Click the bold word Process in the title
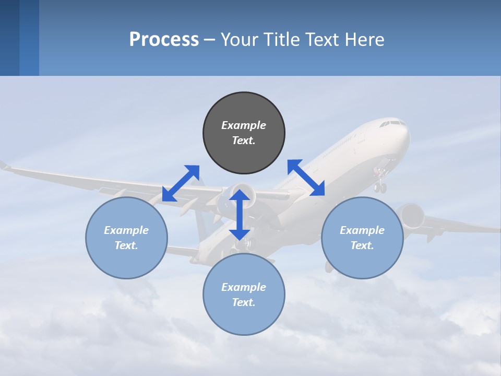164,39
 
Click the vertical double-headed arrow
240,215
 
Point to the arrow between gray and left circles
181,183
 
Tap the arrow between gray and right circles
306,178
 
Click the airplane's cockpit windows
392,124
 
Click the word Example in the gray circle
244,125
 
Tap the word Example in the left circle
126,230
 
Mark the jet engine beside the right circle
410,216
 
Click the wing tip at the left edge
5,166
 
